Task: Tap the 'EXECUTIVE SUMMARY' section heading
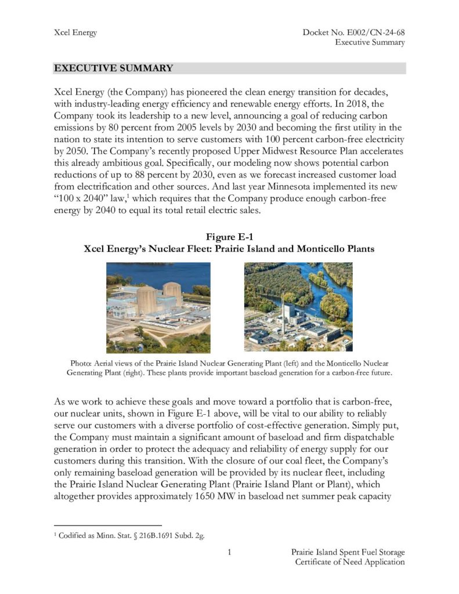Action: point(113,68)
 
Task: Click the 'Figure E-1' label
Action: point(229,237)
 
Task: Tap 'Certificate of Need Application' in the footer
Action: point(349,562)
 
